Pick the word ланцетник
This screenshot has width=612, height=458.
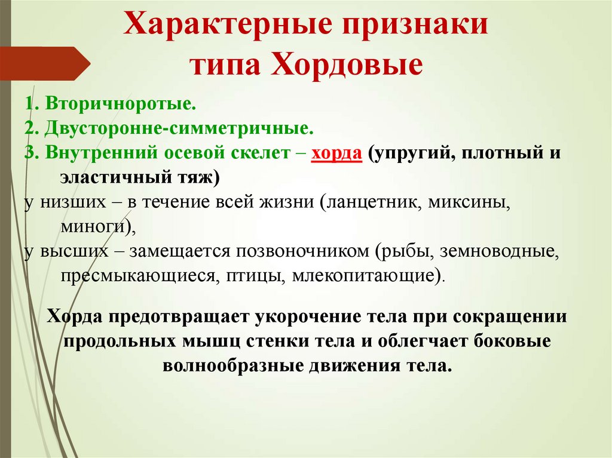(x=376, y=201)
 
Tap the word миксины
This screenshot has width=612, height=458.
(x=472, y=201)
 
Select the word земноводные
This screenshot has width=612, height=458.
(x=499, y=251)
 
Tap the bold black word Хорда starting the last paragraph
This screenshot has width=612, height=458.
(x=76, y=316)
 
